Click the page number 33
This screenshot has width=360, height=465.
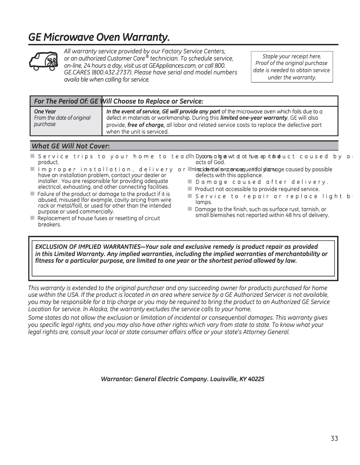(x=334, y=439)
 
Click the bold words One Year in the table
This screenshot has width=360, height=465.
(x=45, y=111)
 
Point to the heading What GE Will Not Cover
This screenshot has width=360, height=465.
(x=70, y=146)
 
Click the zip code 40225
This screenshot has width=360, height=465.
(x=256, y=379)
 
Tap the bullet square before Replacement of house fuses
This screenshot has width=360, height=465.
(x=33, y=218)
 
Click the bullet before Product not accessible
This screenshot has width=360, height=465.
(x=190, y=189)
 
